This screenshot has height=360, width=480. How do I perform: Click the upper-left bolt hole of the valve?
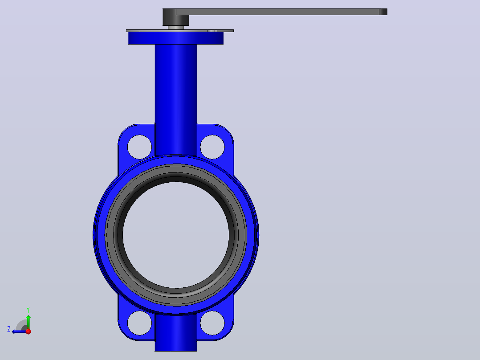click(139, 147)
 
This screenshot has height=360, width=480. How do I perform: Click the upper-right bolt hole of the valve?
click(212, 147)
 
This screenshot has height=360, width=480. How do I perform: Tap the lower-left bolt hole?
click(139, 323)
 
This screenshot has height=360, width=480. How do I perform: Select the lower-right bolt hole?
click(212, 323)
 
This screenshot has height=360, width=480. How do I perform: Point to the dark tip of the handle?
click(383, 12)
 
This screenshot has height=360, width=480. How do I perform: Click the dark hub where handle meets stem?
click(176, 17)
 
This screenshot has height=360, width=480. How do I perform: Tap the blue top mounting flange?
click(176, 38)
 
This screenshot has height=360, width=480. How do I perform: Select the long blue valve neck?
click(176, 99)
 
